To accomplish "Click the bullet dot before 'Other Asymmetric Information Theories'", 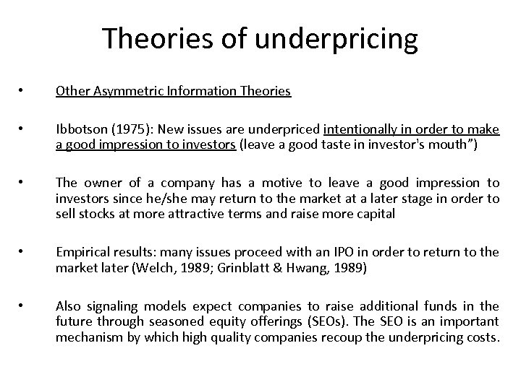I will pos(25,92).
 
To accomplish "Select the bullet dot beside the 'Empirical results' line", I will pos(25,251).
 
